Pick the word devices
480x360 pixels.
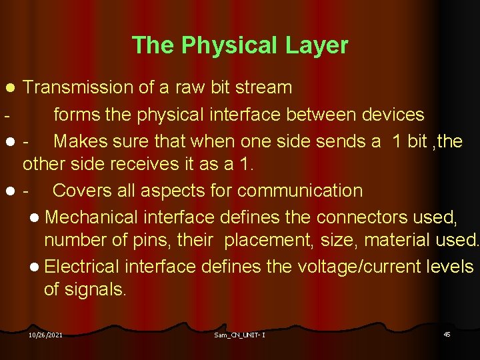393,115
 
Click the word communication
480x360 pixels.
300,191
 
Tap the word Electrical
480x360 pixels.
83,267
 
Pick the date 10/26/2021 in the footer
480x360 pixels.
45,335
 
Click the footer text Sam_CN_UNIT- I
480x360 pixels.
239,335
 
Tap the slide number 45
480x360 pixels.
447,333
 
